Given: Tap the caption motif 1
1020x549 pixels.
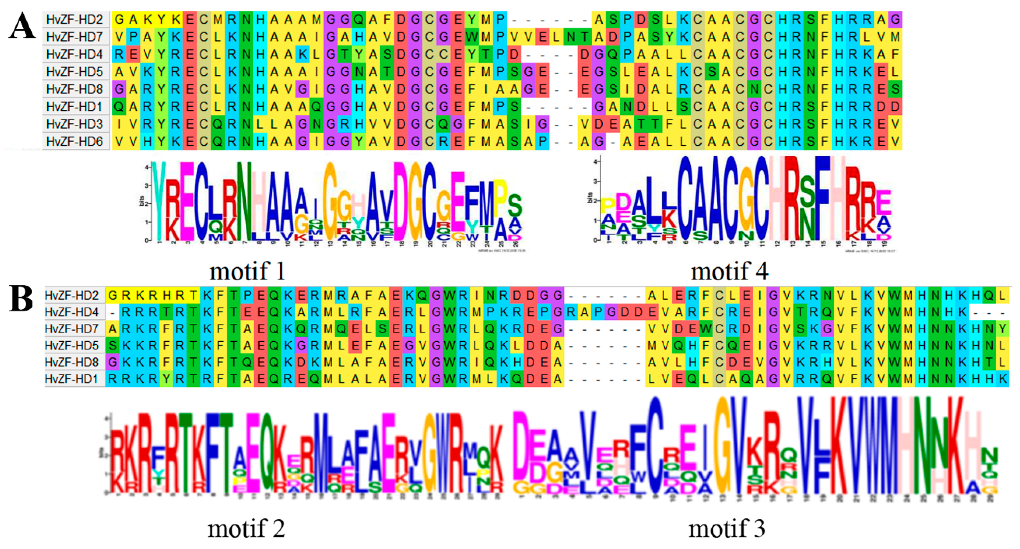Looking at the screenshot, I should click(247, 272).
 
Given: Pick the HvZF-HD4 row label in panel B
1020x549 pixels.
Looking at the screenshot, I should click(72, 312).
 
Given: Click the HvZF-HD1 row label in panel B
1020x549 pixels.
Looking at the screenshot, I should click(72, 379).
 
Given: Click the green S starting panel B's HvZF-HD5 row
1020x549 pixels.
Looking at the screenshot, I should click(113, 345).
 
